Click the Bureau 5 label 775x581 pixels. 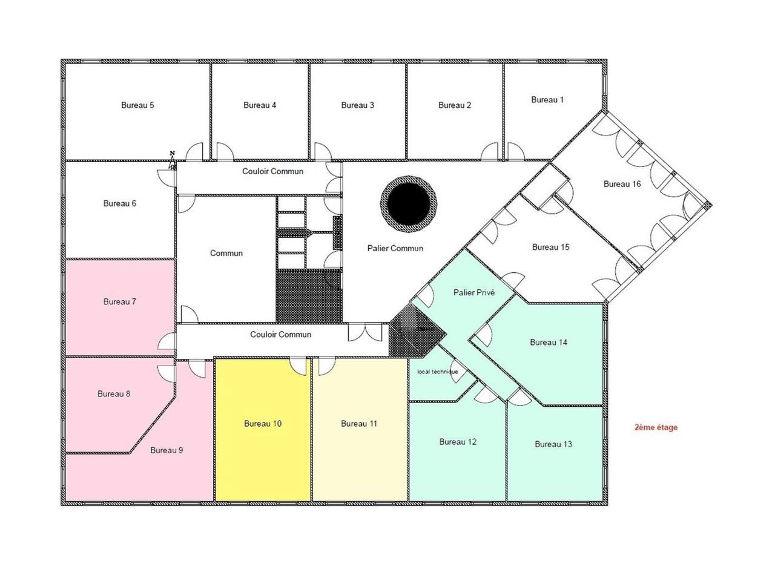(x=137, y=105)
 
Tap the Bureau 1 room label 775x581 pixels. (x=547, y=100)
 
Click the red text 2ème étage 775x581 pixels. (x=656, y=427)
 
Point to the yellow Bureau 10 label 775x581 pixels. (x=263, y=424)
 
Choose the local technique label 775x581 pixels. (x=438, y=372)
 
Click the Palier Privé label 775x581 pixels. (x=474, y=292)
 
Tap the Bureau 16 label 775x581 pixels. (x=622, y=184)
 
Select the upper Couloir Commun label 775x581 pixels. (x=272, y=171)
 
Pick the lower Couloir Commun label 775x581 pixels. (x=281, y=334)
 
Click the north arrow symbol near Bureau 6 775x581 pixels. (x=173, y=159)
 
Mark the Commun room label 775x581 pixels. (x=226, y=253)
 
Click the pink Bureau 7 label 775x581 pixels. (x=120, y=301)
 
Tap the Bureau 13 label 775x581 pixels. (x=553, y=444)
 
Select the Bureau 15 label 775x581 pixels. (x=550, y=247)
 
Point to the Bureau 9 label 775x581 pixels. (x=167, y=450)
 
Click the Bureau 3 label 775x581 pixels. (x=357, y=105)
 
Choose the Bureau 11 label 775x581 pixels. (x=359, y=424)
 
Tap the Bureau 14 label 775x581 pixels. (x=549, y=343)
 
